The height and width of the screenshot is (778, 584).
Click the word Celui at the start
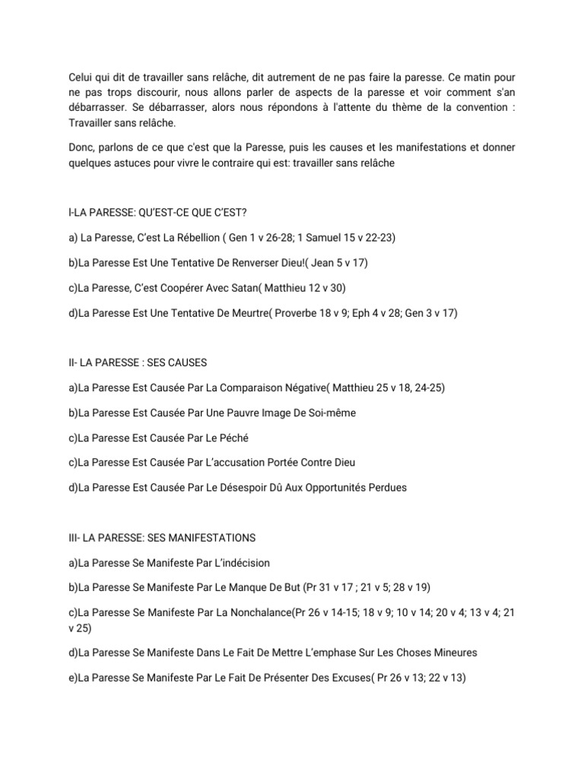pyautogui.click(x=80, y=79)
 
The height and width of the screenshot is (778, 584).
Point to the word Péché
pyautogui.click(x=234, y=438)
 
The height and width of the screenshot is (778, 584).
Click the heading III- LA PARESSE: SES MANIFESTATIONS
pyautogui.click(x=162, y=538)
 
